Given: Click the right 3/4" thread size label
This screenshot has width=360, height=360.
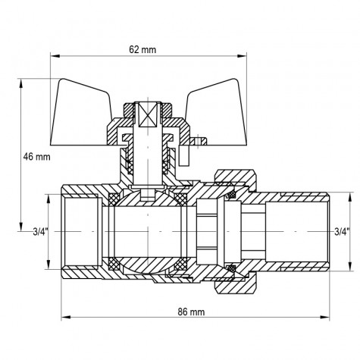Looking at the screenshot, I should tap(342, 232).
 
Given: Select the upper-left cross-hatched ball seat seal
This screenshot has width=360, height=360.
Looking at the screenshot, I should tap(114, 199).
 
